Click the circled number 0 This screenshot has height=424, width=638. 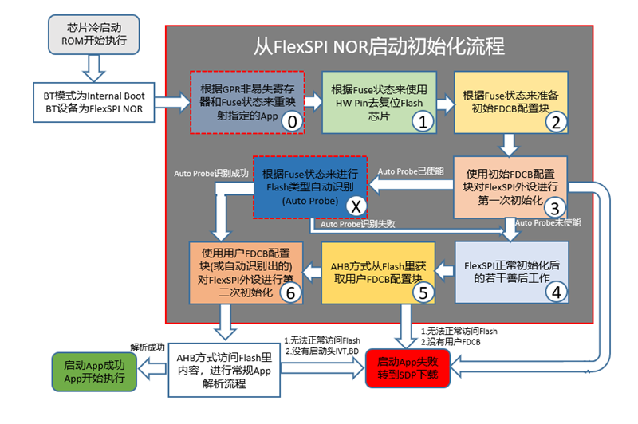click(x=293, y=121)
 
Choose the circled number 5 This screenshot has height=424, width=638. click(x=424, y=292)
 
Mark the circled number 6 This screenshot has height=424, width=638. click(x=290, y=292)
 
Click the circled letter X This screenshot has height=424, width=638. click(x=356, y=205)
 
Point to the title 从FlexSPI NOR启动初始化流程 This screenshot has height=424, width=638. click(x=378, y=45)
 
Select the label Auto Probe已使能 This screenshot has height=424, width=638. click(x=409, y=172)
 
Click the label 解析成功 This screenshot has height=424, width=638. click(x=147, y=347)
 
